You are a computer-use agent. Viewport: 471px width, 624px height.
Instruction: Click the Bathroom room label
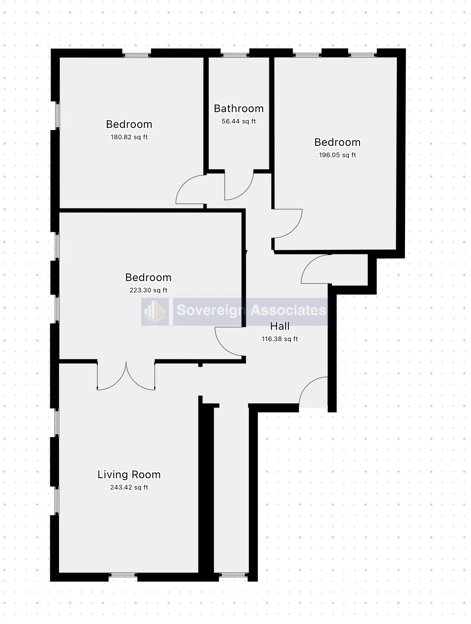(x=238, y=108)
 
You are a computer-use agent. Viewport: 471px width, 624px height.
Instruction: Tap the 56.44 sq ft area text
(x=238, y=121)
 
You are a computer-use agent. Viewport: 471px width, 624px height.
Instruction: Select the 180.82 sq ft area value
(x=129, y=137)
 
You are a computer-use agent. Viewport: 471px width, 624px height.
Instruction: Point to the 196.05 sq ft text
(x=337, y=155)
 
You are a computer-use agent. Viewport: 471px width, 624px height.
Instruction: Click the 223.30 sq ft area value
(x=148, y=290)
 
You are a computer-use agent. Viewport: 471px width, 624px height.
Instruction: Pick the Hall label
(x=280, y=326)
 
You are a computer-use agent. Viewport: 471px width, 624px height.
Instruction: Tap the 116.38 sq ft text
(x=280, y=339)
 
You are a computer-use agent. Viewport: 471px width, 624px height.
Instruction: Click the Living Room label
(x=129, y=475)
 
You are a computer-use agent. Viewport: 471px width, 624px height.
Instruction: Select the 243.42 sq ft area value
(x=129, y=487)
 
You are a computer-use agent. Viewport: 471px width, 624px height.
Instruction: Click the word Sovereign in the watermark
(x=211, y=310)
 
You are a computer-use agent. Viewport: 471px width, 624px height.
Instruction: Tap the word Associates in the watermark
(x=288, y=310)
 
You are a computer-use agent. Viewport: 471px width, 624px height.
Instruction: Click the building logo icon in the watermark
(x=155, y=311)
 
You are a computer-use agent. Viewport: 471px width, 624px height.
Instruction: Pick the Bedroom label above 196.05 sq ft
(x=337, y=142)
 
